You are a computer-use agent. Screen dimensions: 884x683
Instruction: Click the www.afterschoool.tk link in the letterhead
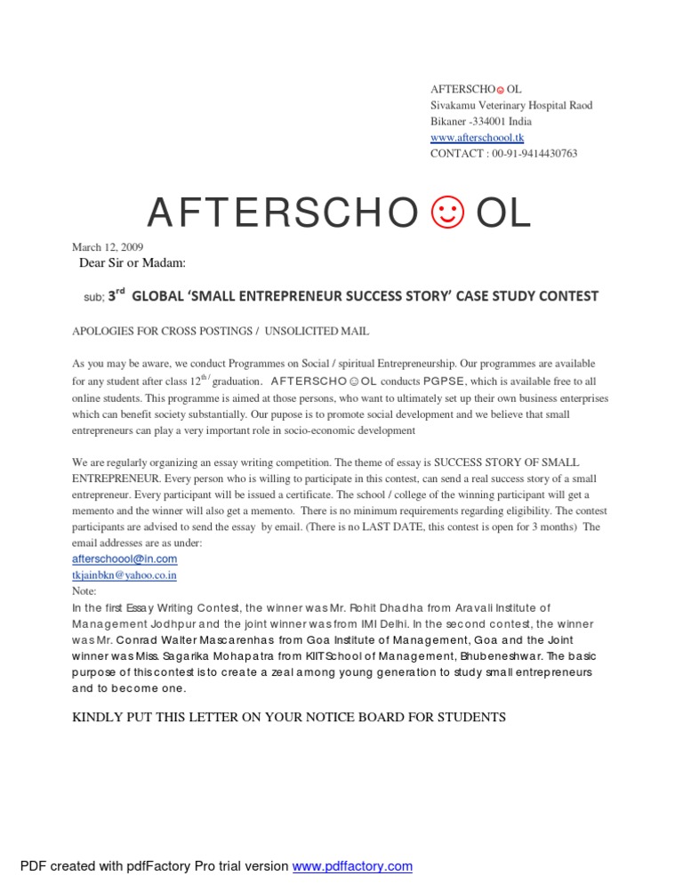[477, 138]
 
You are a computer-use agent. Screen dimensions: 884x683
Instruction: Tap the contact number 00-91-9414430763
[535, 154]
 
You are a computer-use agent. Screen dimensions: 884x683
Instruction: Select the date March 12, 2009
[108, 247]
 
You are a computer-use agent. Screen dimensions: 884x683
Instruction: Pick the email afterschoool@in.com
[125, 559]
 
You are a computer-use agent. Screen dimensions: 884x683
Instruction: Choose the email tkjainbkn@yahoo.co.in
[125, 575]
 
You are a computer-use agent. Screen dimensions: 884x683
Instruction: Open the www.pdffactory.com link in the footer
[352, 866]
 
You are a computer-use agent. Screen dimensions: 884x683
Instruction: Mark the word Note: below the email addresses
[84, 591]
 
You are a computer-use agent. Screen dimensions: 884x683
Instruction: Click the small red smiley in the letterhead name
[499, 90]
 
